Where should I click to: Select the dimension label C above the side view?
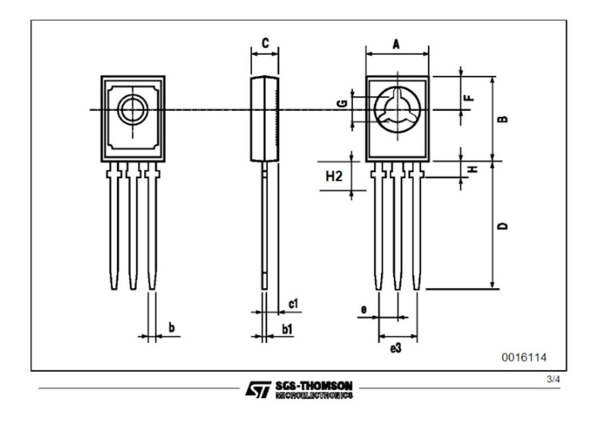click(x=265, y=43)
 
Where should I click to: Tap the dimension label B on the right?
click(x=504, y=119)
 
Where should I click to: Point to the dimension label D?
click(x=504, y=226)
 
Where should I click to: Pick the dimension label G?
click(x=342, y=103)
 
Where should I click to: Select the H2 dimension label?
click(x=334, y=176)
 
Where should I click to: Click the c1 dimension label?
click(x=294, y=303)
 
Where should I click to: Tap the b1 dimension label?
click(x=287, y=329)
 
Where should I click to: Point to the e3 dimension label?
click(x=396, y=349)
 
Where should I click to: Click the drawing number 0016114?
click(x=524, y=357)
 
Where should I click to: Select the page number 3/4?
click(x=553, y=380)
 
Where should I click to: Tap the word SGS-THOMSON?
click(x=313, y=386)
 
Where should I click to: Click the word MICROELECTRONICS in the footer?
click(x=313, y=395)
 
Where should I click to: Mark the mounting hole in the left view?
click(x=133, y=110)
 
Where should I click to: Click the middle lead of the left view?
click(x=133, y=229)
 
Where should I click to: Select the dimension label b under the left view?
click(x=171, y=328)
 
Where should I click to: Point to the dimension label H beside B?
click(x=474, y=168)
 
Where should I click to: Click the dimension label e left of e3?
click(x=364, y=309)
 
